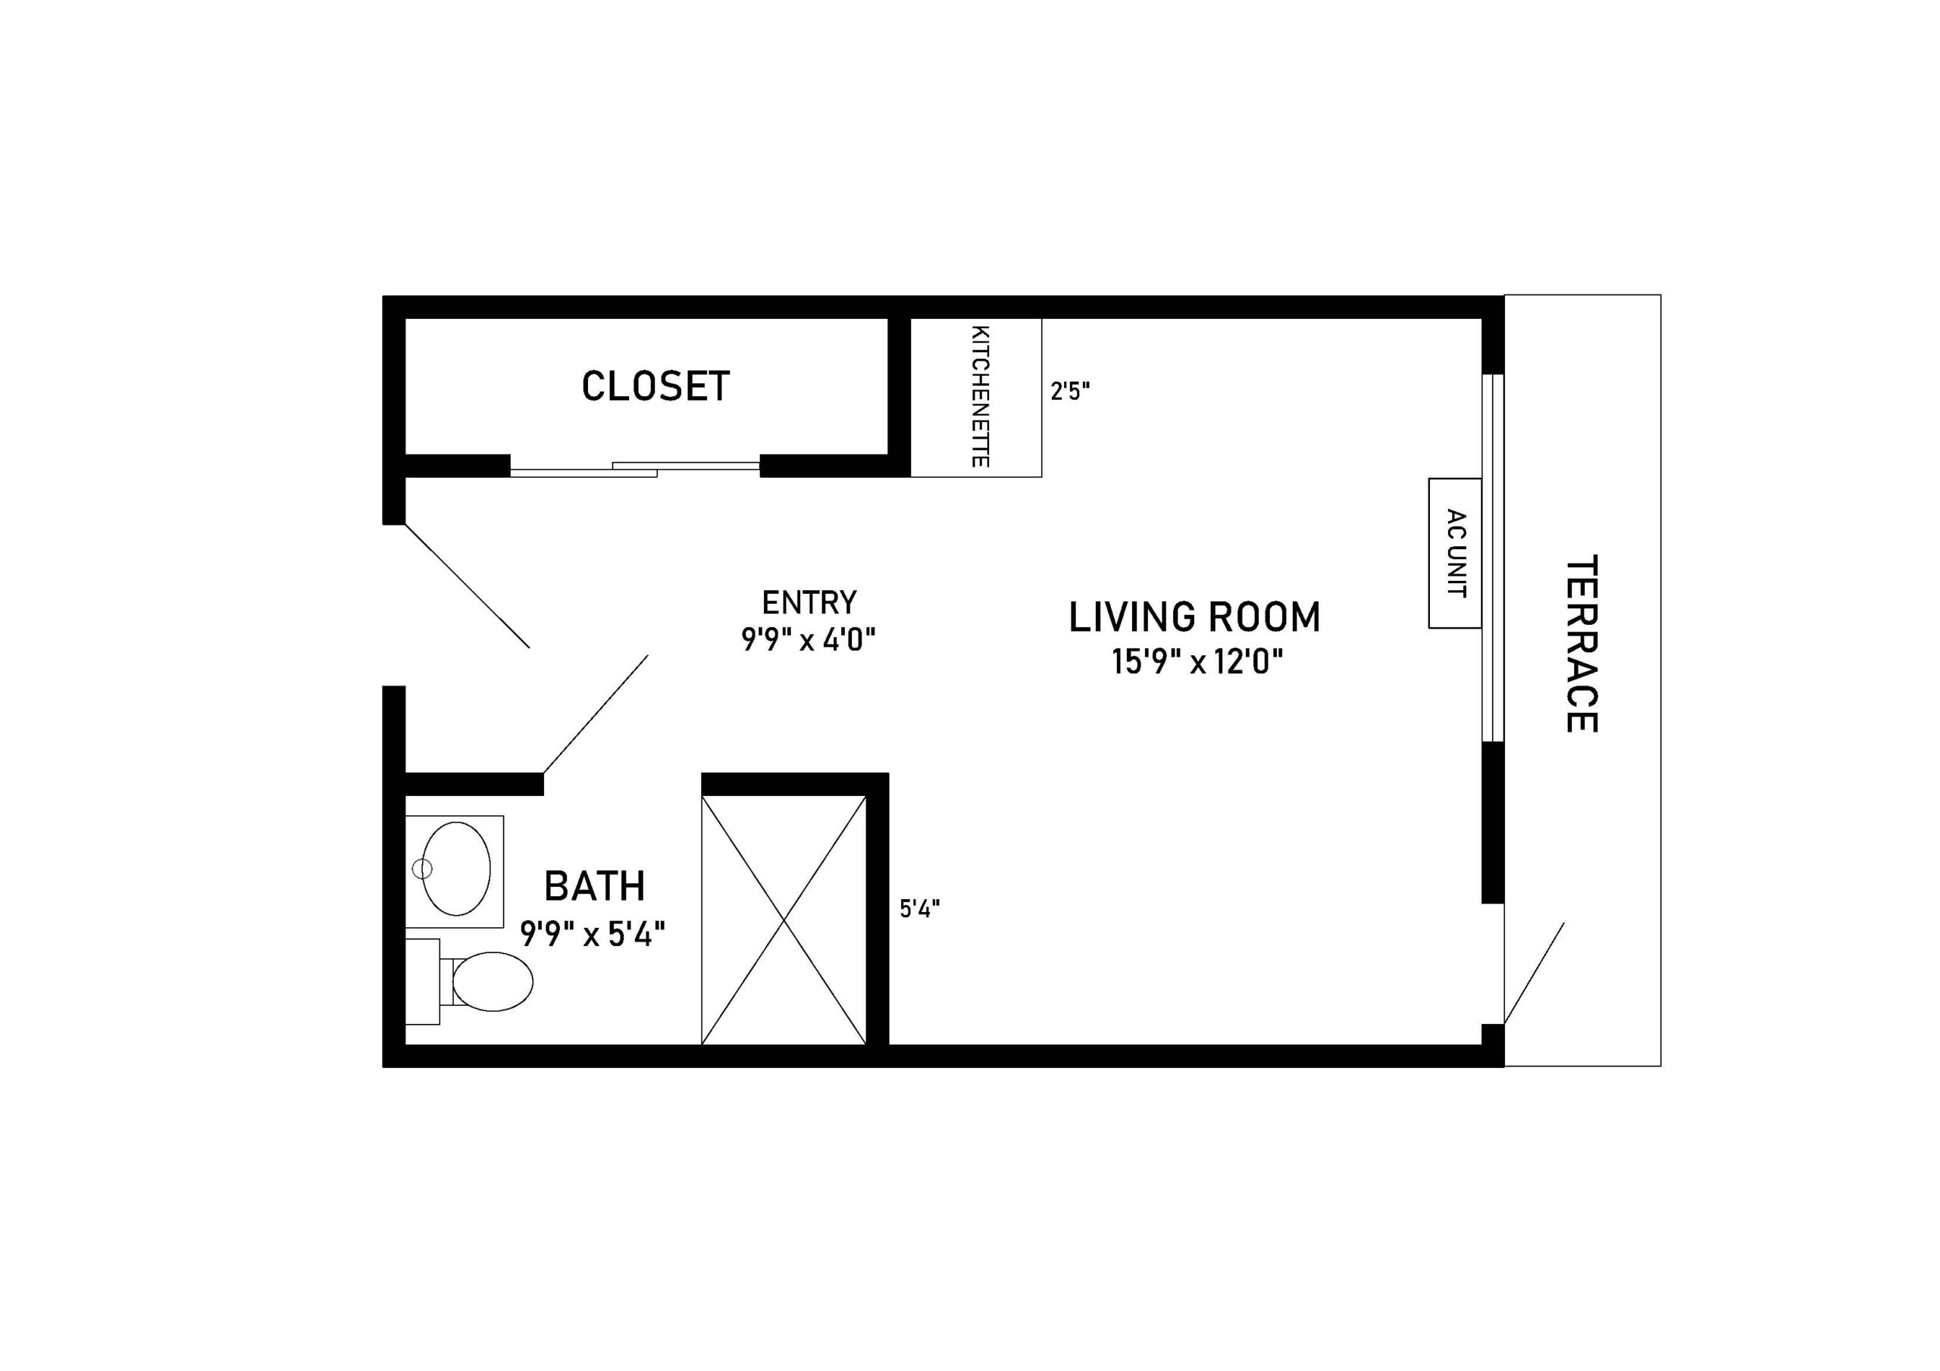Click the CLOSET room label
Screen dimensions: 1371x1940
[x=655, y=387]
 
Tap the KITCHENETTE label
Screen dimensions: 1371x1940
[x=980, y=396]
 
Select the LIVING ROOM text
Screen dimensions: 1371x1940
[x=1194, y=617]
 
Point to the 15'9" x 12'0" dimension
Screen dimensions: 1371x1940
[x=1197, y=661]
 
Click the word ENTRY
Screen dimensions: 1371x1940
[x=809, y=603]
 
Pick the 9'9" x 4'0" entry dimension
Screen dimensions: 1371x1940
[x=808, y=640]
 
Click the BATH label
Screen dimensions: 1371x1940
[x=595, y=886]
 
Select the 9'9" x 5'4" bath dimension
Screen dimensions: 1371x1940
[x=593, y=934]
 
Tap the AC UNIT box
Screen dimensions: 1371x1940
[x=1455, y=553]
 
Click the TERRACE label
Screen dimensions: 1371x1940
[x=1581, y=644]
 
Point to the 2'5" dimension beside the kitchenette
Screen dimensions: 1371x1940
[x=1070, y=391]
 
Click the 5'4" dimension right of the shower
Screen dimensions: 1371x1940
[x=919, y=909]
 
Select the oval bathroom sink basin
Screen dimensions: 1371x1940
[x=457, y=867]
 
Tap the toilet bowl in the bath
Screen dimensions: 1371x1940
[x=493, y=982]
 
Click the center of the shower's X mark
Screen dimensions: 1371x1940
[x=784, y=920]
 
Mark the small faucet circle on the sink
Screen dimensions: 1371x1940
[x=421, y=867]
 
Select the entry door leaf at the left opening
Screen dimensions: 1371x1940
[x=468, y=586]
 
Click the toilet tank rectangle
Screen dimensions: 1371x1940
[x=422, y=982]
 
